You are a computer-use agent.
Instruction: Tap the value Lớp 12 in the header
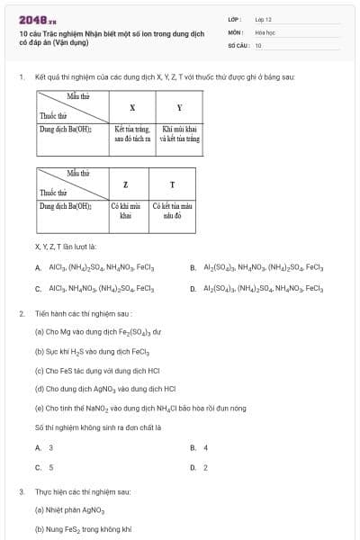(263, 19)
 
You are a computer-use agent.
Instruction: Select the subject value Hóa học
(265, 31)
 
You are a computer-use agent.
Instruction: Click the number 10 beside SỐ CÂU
(258, 44)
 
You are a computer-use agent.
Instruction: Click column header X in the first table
(132, 107)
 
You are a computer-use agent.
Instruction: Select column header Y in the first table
(179, 107)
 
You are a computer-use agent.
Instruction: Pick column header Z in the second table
(126, 184)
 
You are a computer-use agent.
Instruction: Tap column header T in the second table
(172, 184)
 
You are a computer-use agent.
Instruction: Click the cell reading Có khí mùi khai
(126, 211)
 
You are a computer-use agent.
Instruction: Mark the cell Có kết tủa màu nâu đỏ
(172, 211)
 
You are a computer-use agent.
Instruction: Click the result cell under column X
(132, 134)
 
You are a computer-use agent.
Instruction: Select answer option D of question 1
(256, 289)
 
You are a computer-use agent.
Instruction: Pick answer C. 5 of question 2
(44, 467)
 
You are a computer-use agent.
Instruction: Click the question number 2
(21, 314)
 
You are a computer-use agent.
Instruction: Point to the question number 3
(21, 492)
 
